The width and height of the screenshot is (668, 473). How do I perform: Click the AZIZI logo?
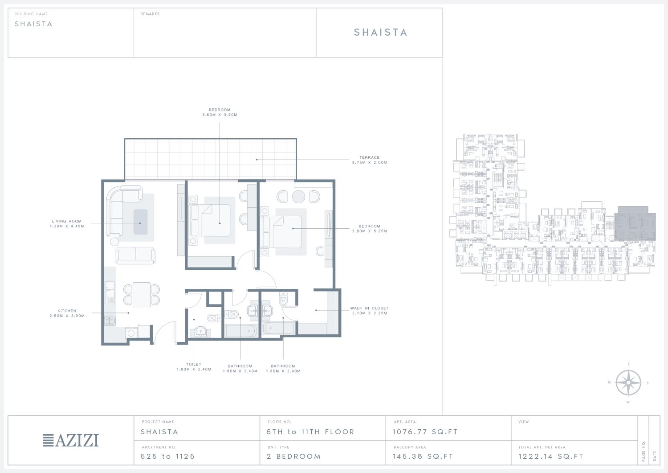(x=71, y=440)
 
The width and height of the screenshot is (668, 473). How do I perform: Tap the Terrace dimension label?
(x=370, y=160)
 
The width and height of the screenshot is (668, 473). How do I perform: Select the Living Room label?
(x=67, y=224)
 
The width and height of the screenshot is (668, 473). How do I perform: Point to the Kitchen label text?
(x=67, y=313)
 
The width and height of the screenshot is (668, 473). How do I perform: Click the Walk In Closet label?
(x=370, y=311)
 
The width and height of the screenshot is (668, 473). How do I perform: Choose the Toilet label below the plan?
(x=194, y=367)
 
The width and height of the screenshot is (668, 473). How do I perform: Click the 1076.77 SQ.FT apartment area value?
(x=425, y=432)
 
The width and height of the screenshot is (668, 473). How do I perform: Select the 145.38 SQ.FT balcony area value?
(x=423, y=456)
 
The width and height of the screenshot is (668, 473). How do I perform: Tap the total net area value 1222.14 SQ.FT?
(x=551, y=456)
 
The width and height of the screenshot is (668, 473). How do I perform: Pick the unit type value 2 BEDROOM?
(x=294, y=456)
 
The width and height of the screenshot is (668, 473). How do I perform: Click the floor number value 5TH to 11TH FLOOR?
(x=310, y=432)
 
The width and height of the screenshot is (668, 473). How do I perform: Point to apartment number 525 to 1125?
(x=167, y=456)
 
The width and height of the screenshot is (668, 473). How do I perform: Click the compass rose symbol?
(x=628, y=383)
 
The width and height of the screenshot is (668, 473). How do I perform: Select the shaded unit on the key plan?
(x=635, y=224)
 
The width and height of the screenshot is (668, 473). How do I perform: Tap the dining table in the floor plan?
(x=141, y=294)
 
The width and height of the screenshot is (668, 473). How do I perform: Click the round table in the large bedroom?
(x=298, y=197)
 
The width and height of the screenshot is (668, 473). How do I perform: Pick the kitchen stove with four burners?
(x=110, y=321)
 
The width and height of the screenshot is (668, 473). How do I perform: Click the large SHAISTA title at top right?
(x=380, y=32)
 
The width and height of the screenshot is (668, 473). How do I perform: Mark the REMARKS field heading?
(x=150, y=14)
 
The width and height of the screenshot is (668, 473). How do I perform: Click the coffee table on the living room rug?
(x=140, y=222)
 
